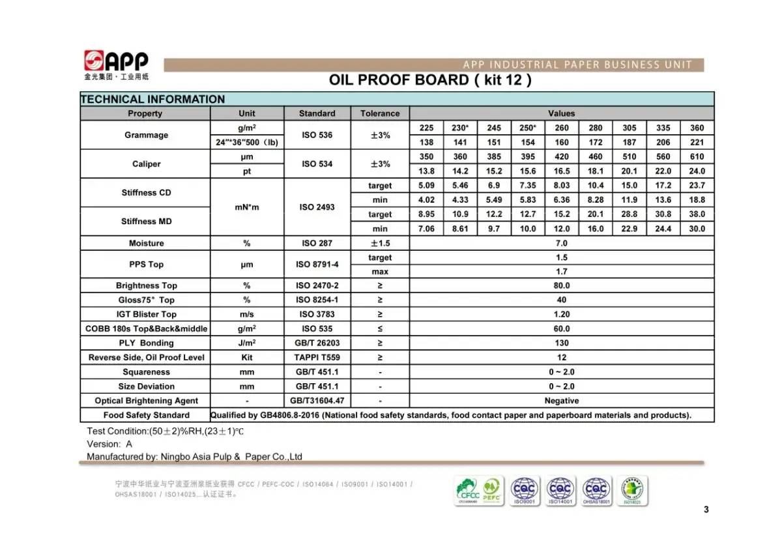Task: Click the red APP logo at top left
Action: tap(116, 62)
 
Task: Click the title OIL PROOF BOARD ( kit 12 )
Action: tap(430, 80)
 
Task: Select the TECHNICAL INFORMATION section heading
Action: tap(152, 99)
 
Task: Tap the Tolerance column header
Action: tap(380, 113)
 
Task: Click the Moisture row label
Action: tap(146, 243)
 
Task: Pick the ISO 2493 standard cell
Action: tap(317, 207)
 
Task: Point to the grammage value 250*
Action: tap(528, 128)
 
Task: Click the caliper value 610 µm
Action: tap(697, 156)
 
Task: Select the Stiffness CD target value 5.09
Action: tap(426, 186)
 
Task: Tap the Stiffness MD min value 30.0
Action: tap(697, 229)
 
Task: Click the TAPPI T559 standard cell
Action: tap(317, 357)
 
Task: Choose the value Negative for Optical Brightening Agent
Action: tap(561, 401)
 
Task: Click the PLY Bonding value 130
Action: tap(561, 343)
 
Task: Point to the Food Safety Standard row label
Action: tap(146, 415)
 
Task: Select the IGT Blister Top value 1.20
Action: tap(561, 314)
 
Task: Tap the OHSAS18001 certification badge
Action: tap(595, 490)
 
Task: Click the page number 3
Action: tap(706, 510)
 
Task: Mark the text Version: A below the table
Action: tap(109, 444)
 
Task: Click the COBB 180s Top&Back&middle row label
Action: tap(146, 328)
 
